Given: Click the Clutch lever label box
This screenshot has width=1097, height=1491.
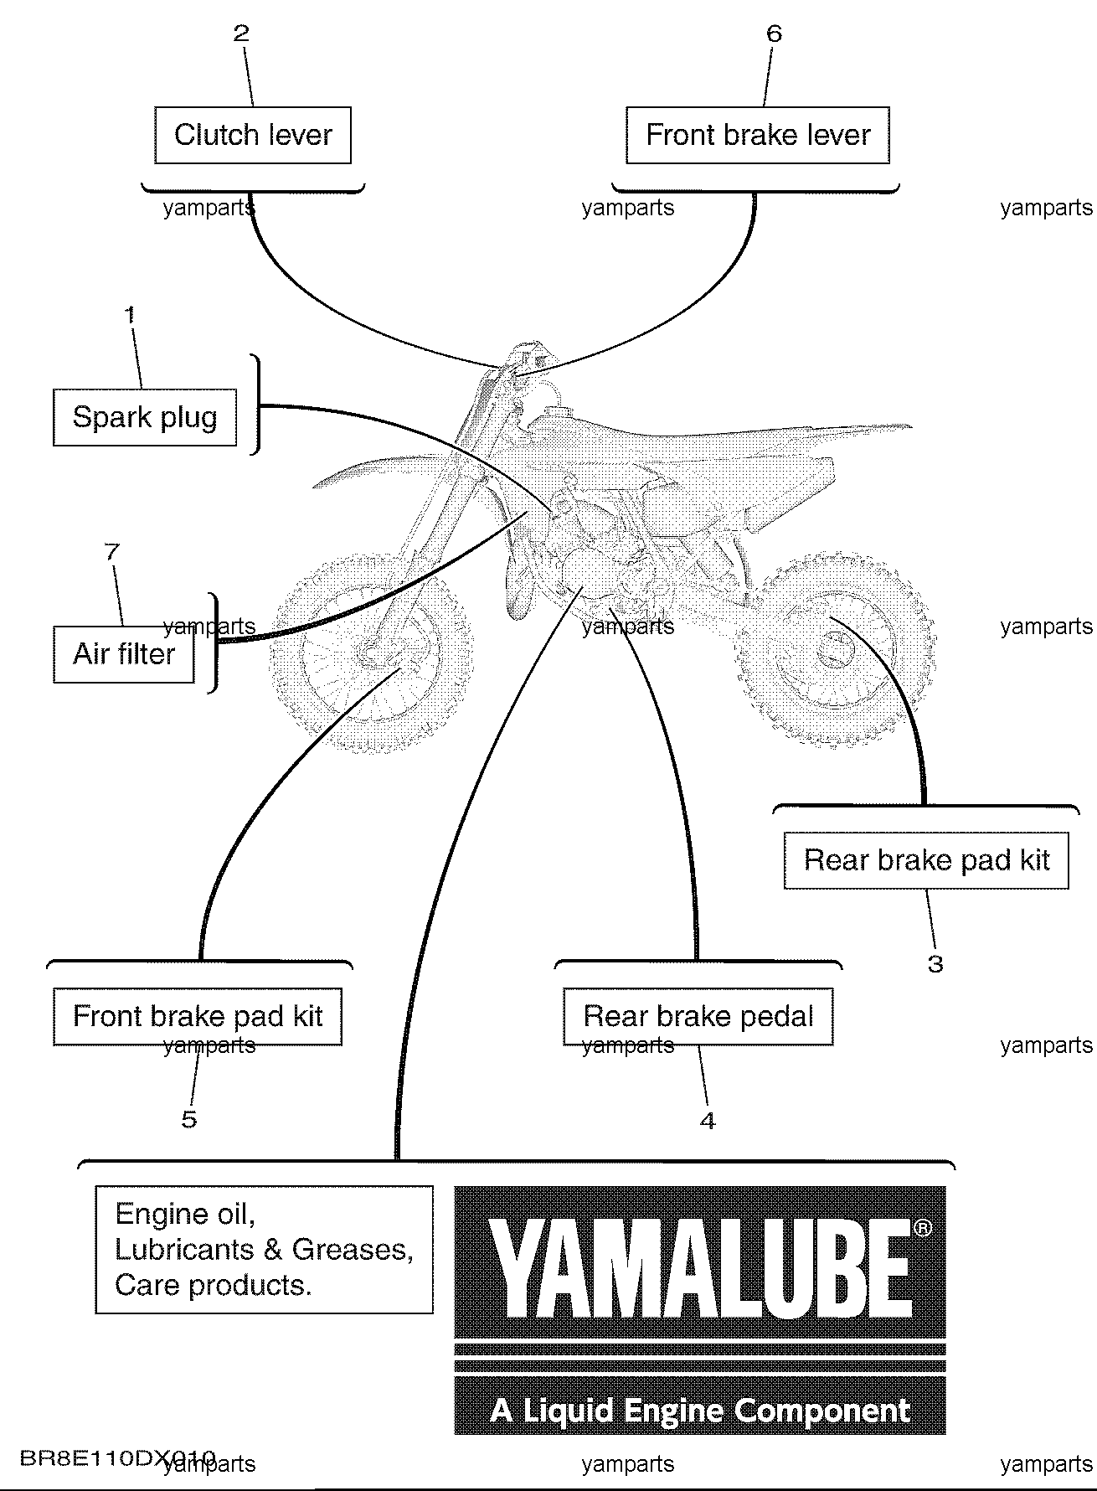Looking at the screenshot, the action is click(x=253, y=135).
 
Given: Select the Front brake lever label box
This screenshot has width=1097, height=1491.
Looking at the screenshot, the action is click(x=758, y=135).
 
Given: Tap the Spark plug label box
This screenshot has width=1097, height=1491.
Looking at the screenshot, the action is click(x=145, y=417).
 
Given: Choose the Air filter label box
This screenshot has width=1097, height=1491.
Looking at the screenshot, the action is click(x=124, y=654).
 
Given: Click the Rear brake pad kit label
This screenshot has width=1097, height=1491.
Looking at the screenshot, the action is click(x=926, y=860).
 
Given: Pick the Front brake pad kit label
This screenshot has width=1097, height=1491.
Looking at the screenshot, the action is click(x=198, y=1017).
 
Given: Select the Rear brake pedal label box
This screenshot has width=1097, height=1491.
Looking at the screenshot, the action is click(x=698, y=1017).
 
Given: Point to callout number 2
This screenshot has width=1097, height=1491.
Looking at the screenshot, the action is click(x=241, y=34).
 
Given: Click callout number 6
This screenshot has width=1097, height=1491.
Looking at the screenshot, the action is click(x=774, y=34).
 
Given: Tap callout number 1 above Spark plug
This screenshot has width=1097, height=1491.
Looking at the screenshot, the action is click(x=130, y=316).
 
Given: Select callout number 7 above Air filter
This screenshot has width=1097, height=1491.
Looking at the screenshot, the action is click(x=111, y=552).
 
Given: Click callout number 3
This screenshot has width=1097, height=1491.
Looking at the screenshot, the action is click(x=935, y=964).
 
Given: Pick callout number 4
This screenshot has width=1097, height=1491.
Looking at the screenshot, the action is click(x=708, y=1121).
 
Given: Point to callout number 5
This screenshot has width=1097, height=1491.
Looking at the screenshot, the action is click(x=189, y=1119).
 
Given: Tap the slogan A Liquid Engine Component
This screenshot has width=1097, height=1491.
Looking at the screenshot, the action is click(x=699, y=1411).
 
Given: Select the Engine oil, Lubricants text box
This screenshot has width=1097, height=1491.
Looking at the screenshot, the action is click(x=264, y=1249).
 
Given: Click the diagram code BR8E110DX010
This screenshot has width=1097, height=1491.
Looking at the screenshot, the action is click(x=117, y=1458).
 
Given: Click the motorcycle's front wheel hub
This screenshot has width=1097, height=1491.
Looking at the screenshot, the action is click(x=370, y=651).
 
